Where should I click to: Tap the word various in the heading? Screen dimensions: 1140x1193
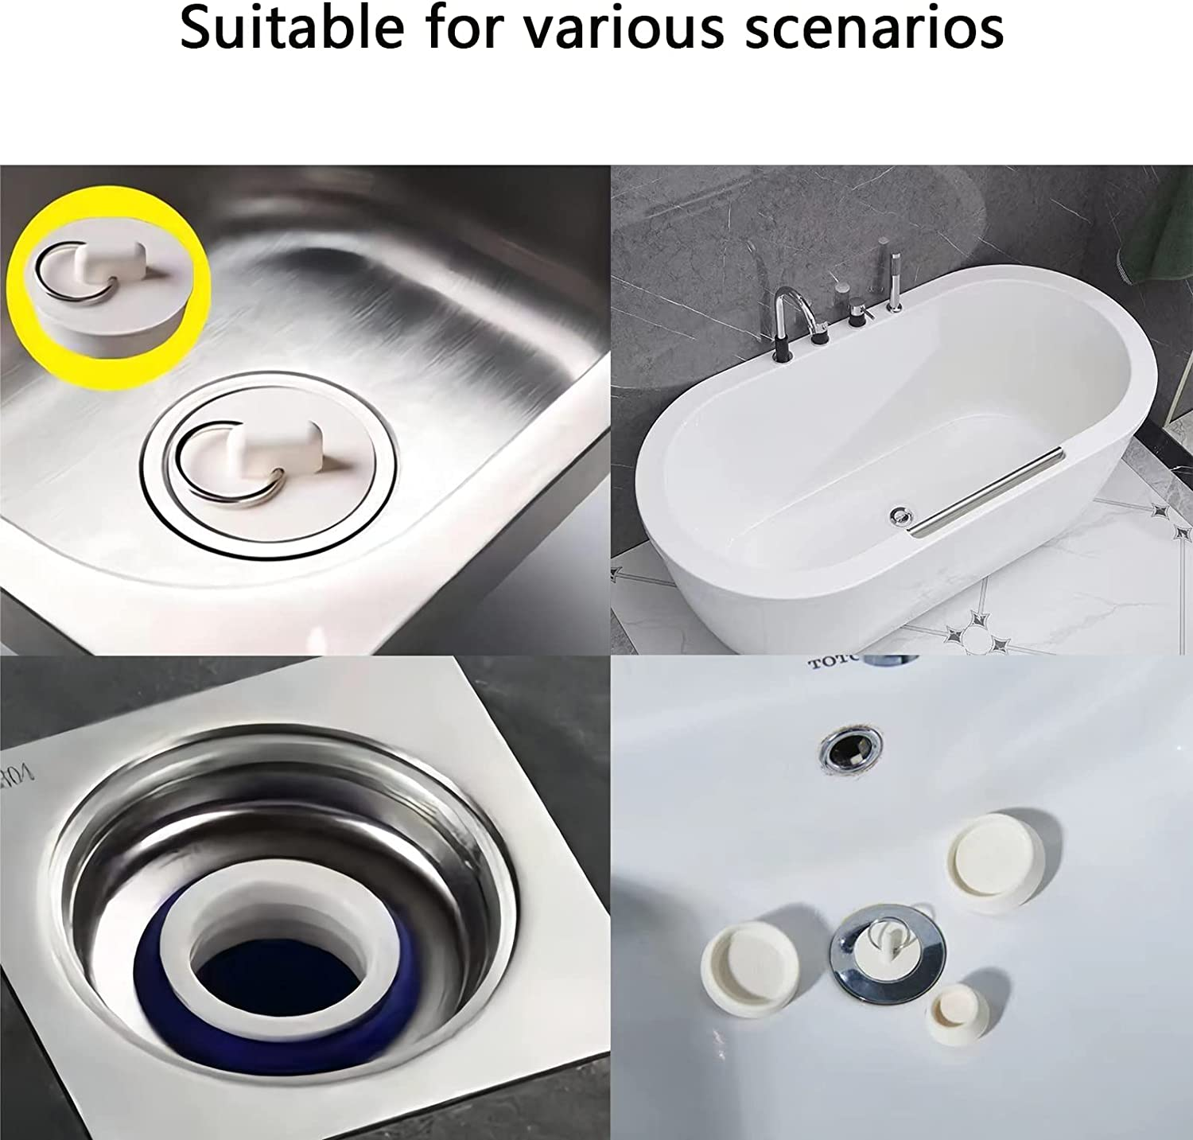coord(622,29)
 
